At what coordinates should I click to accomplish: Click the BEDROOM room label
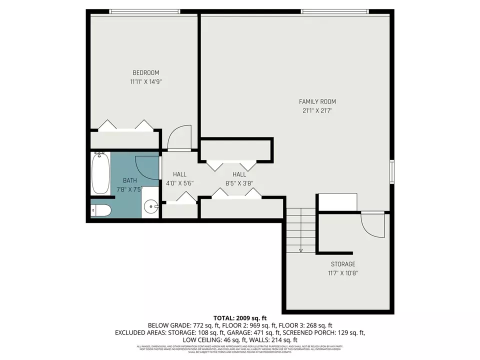[145, 72]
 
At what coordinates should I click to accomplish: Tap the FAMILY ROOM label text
[317, 101]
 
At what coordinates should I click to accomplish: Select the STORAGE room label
[342, 264]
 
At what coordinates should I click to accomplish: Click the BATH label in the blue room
[129, 180]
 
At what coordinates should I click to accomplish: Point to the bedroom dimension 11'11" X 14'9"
[145, 81]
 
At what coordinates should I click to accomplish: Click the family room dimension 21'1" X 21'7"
[317, 110]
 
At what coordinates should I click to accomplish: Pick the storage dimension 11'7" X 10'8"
[342, 273]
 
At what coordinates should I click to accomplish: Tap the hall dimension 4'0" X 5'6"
[179, 183]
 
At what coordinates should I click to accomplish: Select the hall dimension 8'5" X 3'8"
[239, 183]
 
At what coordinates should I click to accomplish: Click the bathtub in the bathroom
[100, 174]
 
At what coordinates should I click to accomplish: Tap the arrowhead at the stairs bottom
[301, 250]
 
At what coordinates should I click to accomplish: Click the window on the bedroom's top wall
[144, 11]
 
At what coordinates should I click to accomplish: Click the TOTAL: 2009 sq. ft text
[240, 318]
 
